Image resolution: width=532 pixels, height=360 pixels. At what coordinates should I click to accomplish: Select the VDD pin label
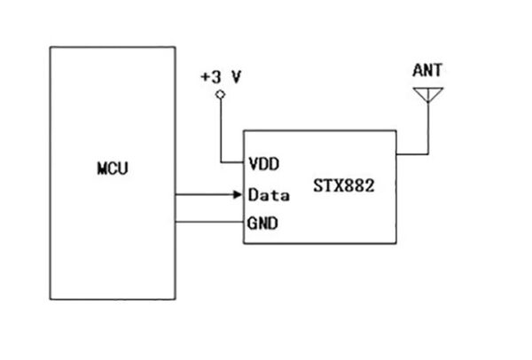coord(263,163)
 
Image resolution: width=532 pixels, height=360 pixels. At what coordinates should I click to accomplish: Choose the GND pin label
coord(263,223)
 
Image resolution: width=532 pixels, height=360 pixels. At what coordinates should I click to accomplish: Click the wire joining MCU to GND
coord(208,223)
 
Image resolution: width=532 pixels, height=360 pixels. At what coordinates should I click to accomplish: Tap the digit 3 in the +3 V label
coord(217,77)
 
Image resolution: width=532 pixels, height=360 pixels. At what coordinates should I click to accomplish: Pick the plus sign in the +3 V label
coord(206,77)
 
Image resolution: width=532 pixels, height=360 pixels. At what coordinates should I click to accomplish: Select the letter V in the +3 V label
coord(238,77)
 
